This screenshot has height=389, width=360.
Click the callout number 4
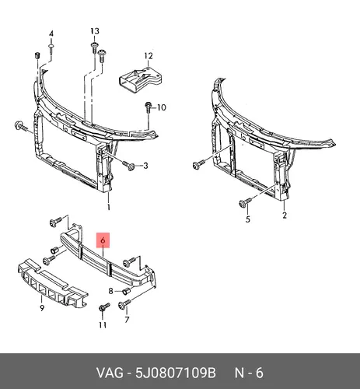[51, 33]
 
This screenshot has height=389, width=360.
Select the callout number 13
[95, 31]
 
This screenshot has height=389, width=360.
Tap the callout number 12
[149, 56]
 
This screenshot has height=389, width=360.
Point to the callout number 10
[162, 107]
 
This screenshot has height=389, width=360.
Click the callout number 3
[145, 166]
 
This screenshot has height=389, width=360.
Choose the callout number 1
[109, 207]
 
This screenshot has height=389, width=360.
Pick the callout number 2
[285, 216]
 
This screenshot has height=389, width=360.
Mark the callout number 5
[248, 219]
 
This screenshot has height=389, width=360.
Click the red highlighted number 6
[103, 240]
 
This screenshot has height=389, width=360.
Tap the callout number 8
[110, 291]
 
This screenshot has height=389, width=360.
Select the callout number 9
[42, 308]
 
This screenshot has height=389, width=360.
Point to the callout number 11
[103, 324]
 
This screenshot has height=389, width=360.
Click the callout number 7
[127, 320]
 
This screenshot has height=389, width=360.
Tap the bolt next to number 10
[148, 107]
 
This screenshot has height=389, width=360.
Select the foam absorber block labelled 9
[53, 284]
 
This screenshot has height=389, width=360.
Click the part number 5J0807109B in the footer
[176, 373]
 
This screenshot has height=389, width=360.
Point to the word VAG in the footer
[110, 373]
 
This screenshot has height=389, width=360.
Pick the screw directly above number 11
[104, 307]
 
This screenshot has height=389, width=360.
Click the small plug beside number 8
[126, 292]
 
